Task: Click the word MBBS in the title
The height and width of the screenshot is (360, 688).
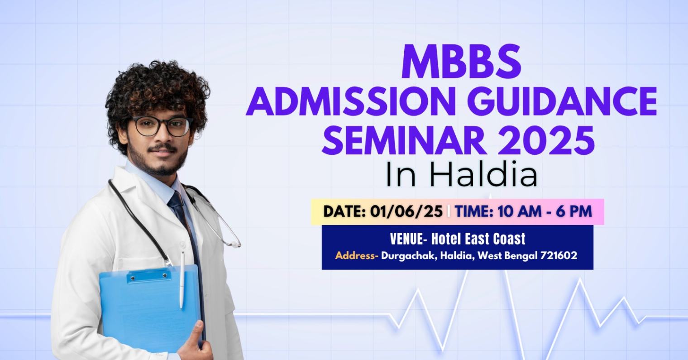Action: pyautogui.click(x=461, y=62)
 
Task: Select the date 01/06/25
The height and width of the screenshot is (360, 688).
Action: pyautogui.click(x=406, y=211)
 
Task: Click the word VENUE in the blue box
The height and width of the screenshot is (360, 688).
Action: pyautogui.click(x=406, y=239)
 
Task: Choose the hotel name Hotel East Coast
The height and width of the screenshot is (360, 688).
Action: pyautogui.click(x=478, y=239)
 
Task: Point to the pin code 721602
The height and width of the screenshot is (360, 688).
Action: pyautogui.click(x=559, y=255)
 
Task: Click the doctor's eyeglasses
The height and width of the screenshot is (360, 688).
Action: pyautogui.click(x=162, y=126)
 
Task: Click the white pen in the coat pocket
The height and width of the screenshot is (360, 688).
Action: pyautogui.click(x=182, y=279)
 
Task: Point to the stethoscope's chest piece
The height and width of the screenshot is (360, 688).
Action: pyautogui.click(x=234, y=244)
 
